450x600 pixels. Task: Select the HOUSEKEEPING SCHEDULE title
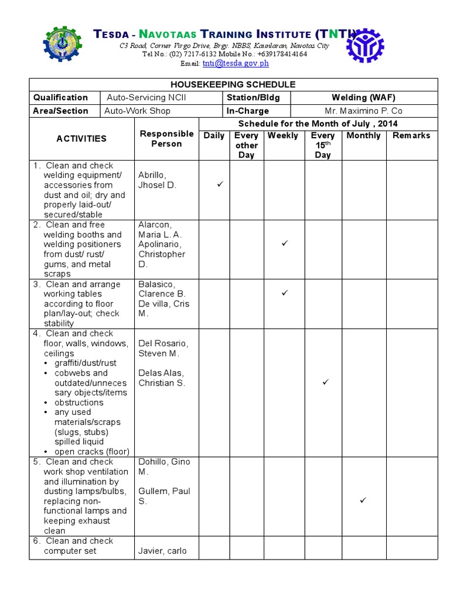coord(233,84)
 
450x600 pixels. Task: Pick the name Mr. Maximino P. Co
coord(363,111)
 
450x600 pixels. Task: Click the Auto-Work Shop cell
coord(138,111)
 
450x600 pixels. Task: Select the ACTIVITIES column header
coord(81,139)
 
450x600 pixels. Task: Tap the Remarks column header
coord(411,135)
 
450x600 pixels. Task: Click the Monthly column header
coord(363,135)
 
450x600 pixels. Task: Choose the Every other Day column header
coord(246,145)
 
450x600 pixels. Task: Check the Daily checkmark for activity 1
coord(220,185)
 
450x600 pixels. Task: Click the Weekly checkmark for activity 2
coord(285,243)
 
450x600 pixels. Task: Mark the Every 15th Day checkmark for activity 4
coord(326,382)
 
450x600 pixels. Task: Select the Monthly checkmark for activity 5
coord(363,500)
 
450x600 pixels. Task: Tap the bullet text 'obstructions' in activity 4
coord(79,403)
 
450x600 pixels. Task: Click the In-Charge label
coord(248,111)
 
